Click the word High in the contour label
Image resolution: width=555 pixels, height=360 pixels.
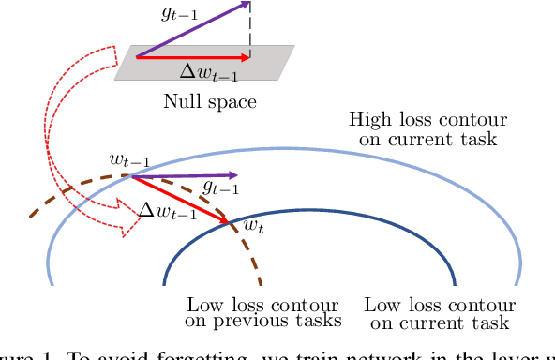[x=370, y=121]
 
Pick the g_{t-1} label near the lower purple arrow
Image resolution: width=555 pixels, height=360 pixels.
[x=219, y=187]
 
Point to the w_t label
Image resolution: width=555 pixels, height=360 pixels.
[x=253, y=225]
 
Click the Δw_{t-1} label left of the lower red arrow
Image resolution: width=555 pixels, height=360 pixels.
[x=167, y=212]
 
